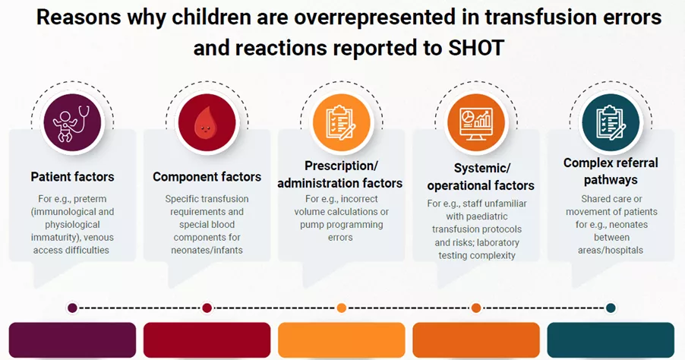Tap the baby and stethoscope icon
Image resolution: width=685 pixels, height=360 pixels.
click(72, 122)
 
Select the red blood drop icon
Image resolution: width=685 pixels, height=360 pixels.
click(207, 122)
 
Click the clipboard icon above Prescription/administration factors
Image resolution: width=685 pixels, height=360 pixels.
click(341, 122)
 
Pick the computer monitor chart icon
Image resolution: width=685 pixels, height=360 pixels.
click(475, 122)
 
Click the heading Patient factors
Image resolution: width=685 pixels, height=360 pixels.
click(72, 177)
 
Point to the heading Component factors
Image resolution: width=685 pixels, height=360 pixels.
click(207, 177)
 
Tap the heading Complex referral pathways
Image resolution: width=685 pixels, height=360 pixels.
click(611, 172)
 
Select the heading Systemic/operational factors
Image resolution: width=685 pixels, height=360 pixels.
click(481, 176)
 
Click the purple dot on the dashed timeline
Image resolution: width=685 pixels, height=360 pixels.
click(72, 308)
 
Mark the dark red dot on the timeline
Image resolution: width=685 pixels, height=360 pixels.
click(207, 308)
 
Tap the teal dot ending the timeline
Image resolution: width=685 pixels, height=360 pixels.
click(611, 308)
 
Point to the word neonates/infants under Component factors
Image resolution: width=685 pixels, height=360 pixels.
click(207, 250)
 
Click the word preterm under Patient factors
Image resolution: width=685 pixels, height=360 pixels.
click(92, 199)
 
